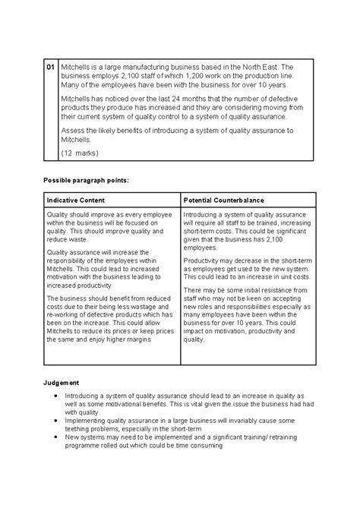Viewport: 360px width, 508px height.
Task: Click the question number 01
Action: [x=50, y=68]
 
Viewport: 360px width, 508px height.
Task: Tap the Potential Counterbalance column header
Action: [x=224, y=200]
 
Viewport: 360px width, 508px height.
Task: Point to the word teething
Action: [x=83, y=429]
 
